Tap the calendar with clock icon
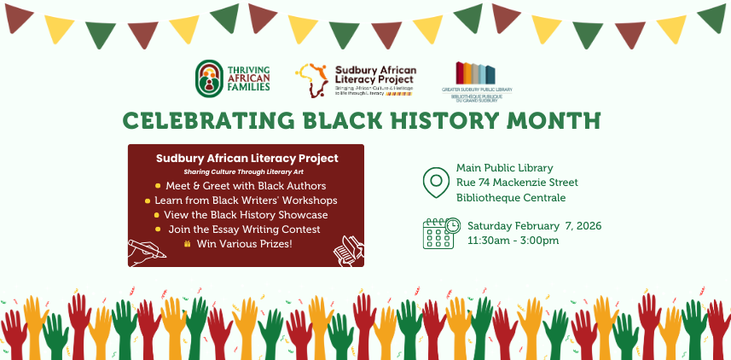440,232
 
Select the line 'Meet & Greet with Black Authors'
247,185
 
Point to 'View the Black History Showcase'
246,215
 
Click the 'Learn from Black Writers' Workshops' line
246,200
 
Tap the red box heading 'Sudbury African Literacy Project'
247,158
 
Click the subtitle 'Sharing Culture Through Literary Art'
247,171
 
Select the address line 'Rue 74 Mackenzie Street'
517,183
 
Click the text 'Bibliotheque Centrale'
511,198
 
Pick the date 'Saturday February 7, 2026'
534,226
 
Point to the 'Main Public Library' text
504,167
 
